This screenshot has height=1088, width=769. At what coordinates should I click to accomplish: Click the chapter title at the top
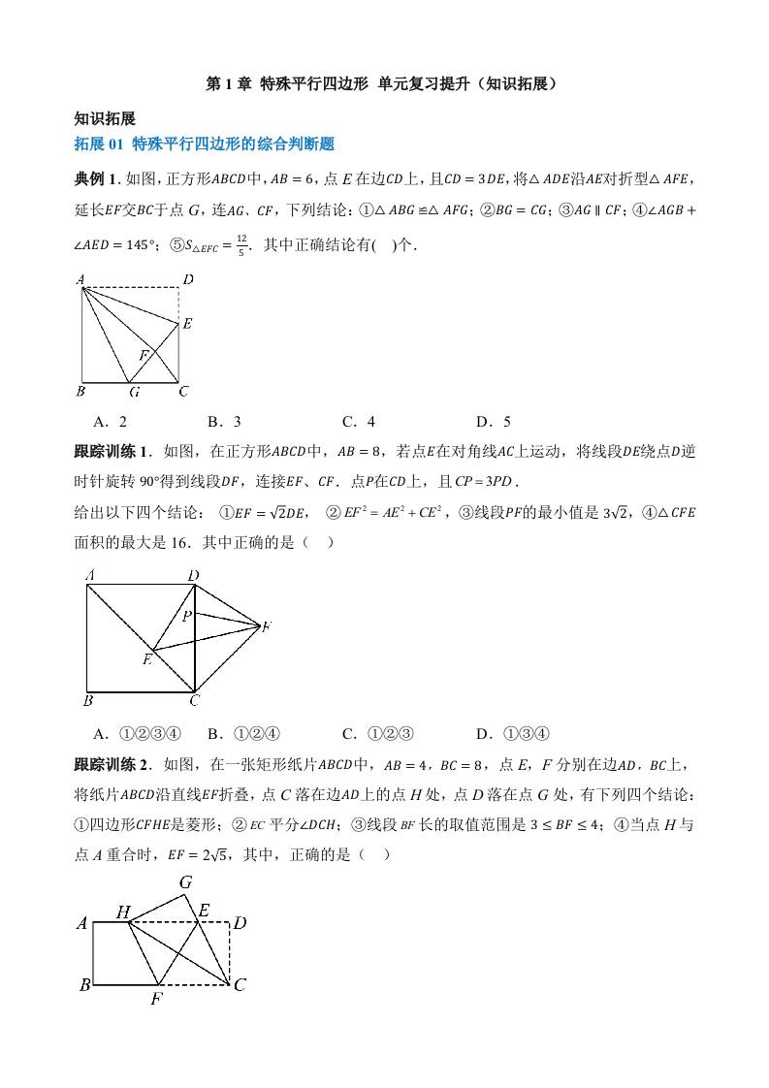point(384,84)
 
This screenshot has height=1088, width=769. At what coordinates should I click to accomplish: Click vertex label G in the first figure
point(134,392)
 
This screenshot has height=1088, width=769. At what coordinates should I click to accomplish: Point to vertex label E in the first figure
point(187,324)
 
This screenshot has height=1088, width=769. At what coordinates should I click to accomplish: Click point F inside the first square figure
point(144,356)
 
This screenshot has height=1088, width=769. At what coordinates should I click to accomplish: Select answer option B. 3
point(224,421)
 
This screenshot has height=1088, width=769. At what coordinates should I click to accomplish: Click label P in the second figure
point(185,614)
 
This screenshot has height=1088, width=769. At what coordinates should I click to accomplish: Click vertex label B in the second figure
point(88,700)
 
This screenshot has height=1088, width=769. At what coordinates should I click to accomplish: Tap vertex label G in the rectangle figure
point(186,882)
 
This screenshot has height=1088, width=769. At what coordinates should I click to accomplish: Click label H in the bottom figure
point(123,912)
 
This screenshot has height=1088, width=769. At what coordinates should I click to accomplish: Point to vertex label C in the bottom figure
point(240,985)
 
